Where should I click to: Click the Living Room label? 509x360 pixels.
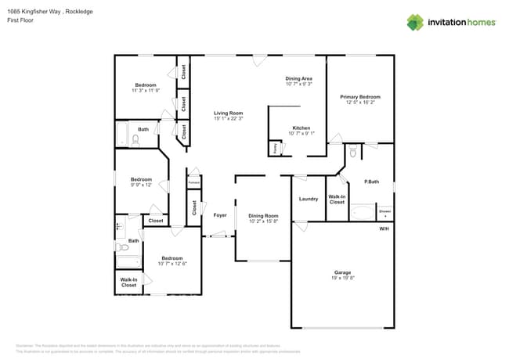click(x=229, y=113)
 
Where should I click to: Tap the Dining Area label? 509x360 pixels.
click(x=298, y=79)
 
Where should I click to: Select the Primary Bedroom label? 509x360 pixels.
click(x=359, y=97)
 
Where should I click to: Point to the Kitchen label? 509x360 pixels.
click(x=301, y=128)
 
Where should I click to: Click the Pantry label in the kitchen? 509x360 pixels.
click(x=275, y=147)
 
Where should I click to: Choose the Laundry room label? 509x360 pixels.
click(x=309, y=199)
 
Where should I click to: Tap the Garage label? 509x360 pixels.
click(x=342, y=272)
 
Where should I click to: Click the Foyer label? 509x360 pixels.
click(x=220, y=214)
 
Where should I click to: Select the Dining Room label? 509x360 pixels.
click(x=263, y=215)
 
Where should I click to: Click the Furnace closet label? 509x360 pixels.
click(x=193, y=182)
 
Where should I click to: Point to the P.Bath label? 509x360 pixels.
click(x=372, y=182)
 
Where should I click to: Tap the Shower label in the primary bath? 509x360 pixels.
click(x=384, y=211)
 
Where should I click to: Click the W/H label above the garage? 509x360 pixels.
click(x=384, y=229)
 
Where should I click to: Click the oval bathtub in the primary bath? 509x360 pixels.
click(x=363, y=212)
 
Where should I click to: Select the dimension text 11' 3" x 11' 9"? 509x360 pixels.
click(x=146, y=91)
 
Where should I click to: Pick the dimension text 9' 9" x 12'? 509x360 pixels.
click(x=141, y=185)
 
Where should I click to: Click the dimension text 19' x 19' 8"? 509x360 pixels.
click(x=342, y=279)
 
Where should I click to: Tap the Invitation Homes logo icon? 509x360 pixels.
click(x=415, y=22)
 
